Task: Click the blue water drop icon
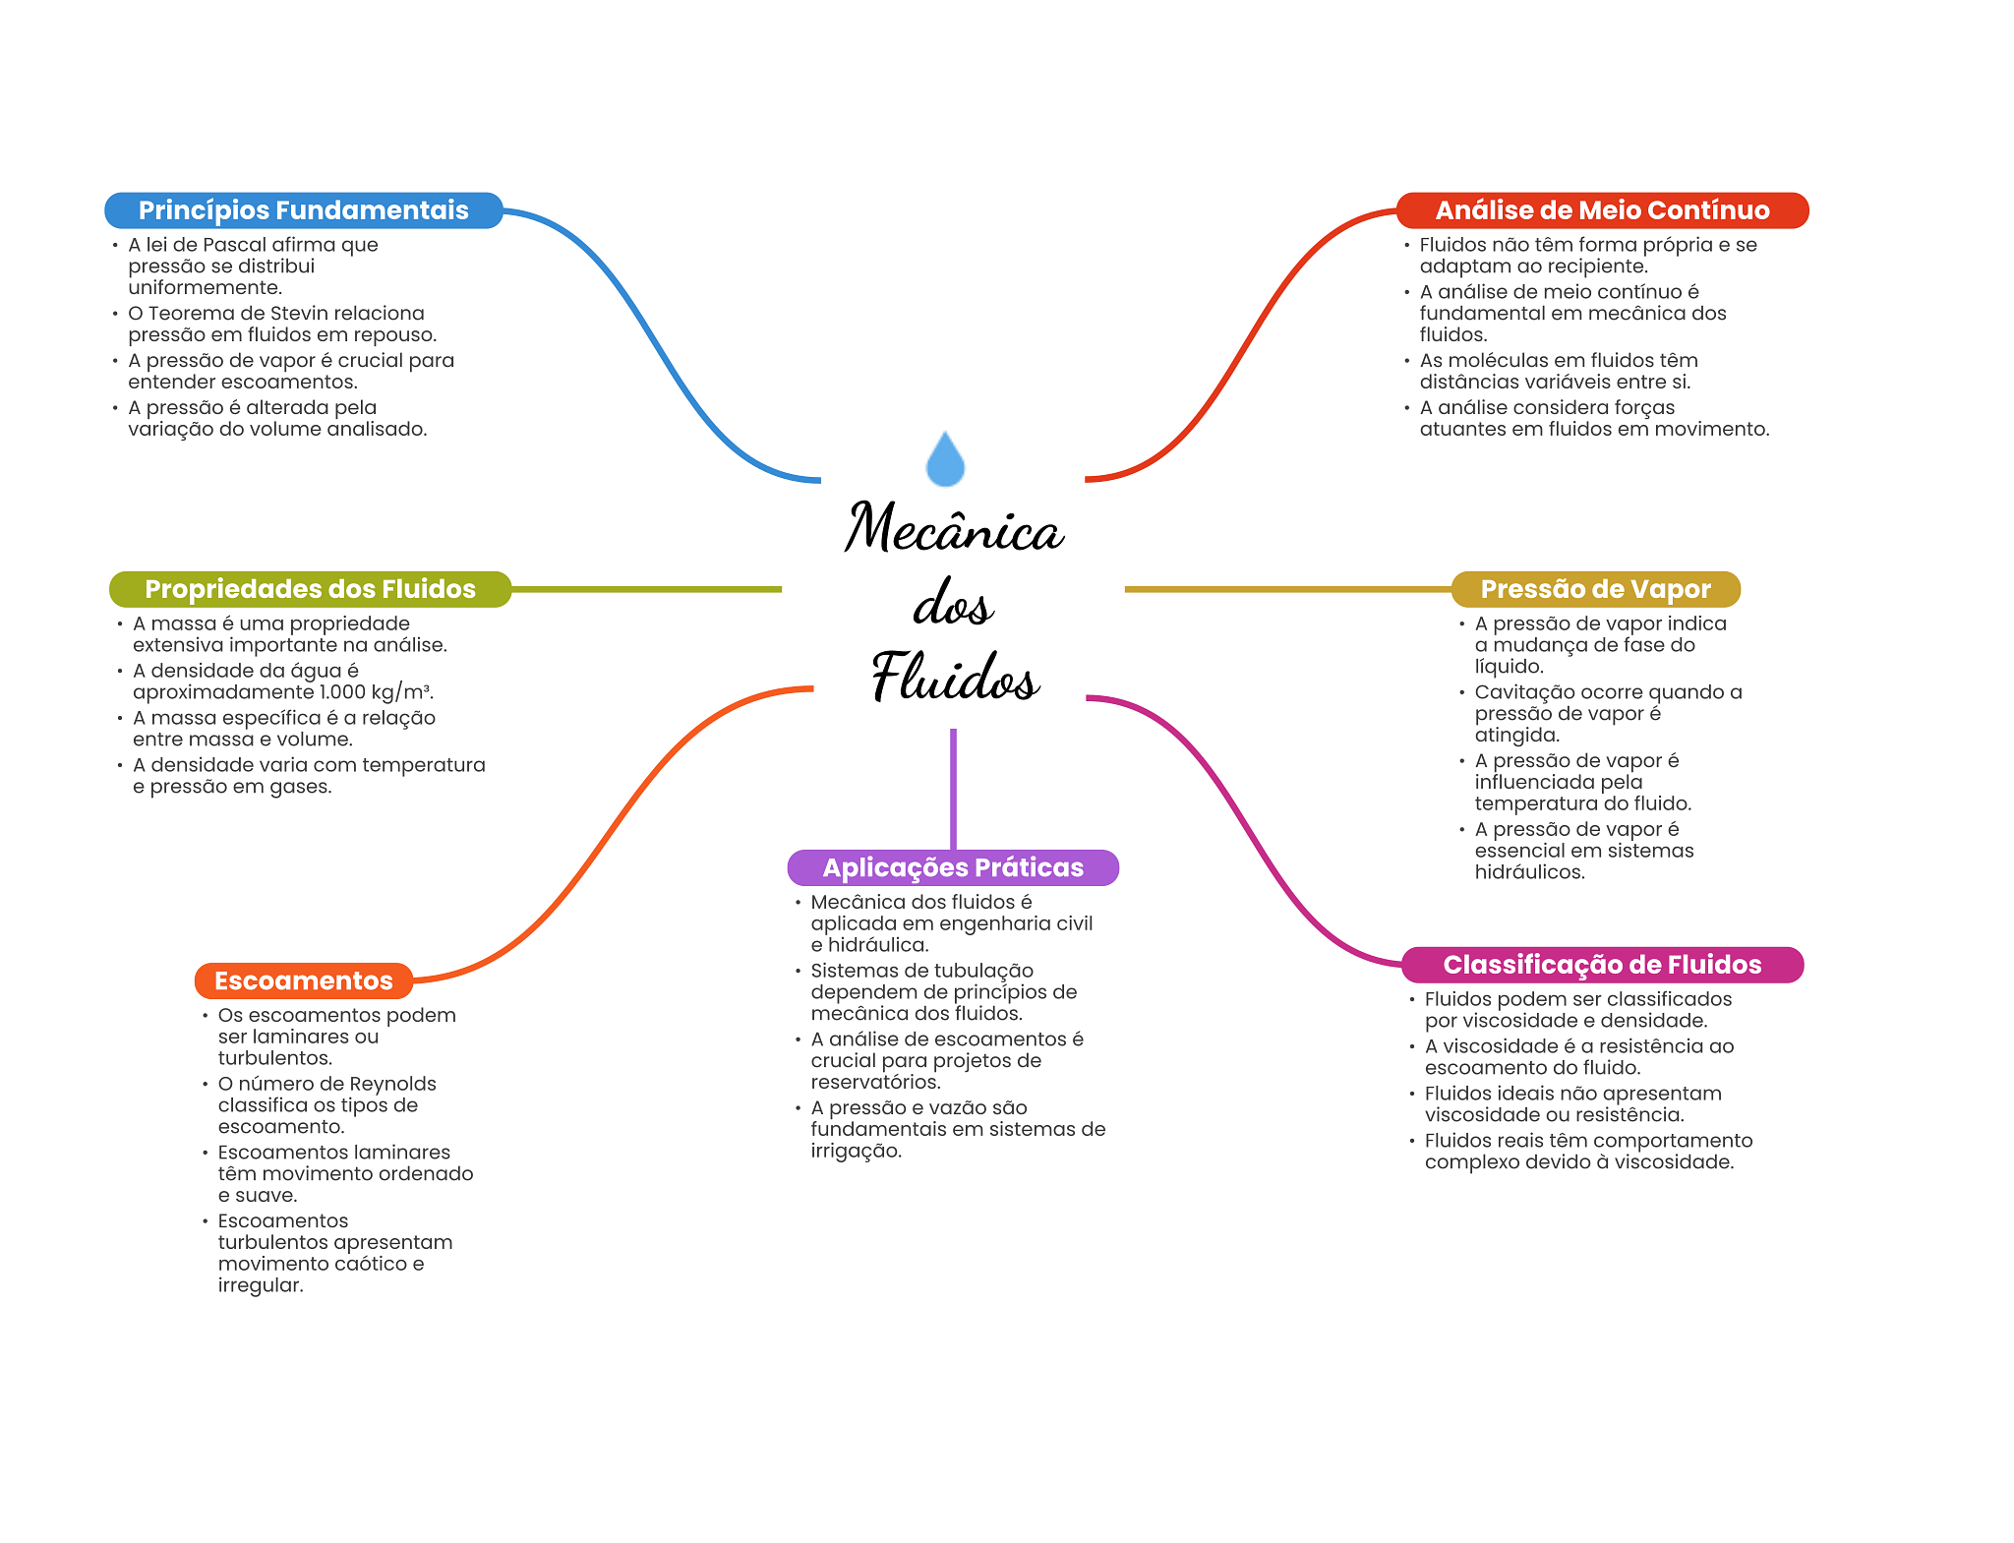pyautogui.click(x=945, y=460)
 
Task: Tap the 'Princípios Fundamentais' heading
pyautogui.click(x=303, y=210)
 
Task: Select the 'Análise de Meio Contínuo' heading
pyautogui.click(x=1602, y=210)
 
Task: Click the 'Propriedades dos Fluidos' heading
pyautogui.click(x=310, y=589)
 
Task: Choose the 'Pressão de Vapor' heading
pyautogui.click(x=1595, y=589)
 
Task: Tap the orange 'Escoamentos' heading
pyautogui.click(x=303, y=980)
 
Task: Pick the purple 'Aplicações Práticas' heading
pyautogui.click(x=953, y=867)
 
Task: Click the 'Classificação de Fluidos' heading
pyautogui.click(x=1602, y=965)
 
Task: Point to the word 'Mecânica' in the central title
pyautogui.click(x=954, y=528)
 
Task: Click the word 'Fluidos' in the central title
pyautogui.click(x=955, y=678)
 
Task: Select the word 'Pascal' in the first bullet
pyautogui.click(x=234, y=245)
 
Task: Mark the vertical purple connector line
pyautogui.click(x=953, y=787)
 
